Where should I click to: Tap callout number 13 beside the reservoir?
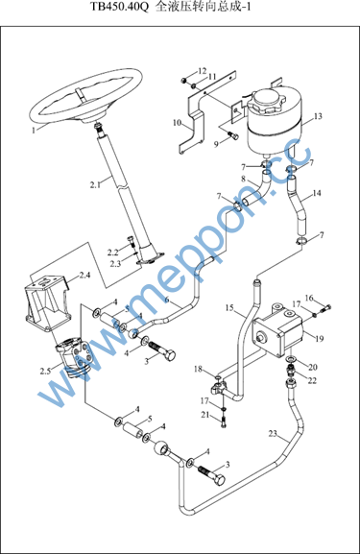click(x=318, y=116)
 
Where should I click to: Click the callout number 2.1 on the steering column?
click(x=95, y=184)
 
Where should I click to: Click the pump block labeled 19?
click(x=278, y=330)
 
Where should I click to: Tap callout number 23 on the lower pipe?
click(x=273, y=433)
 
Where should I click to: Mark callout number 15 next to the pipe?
click(x=229, y=308)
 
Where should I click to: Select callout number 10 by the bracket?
click(x=177, y=123)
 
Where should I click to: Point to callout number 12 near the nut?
click(x=202, y=71)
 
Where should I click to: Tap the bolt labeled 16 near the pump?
click(x=326, y=308)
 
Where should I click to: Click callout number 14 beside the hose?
click(x=317, y=193)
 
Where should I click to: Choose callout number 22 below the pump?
click(x=312, y=380)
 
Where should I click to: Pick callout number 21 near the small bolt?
click(x=205, y=415)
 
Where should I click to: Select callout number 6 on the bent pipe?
click(x=167, y=300)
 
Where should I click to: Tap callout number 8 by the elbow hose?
click(x=243, y=179)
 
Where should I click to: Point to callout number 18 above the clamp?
click(x=198, y=370)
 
